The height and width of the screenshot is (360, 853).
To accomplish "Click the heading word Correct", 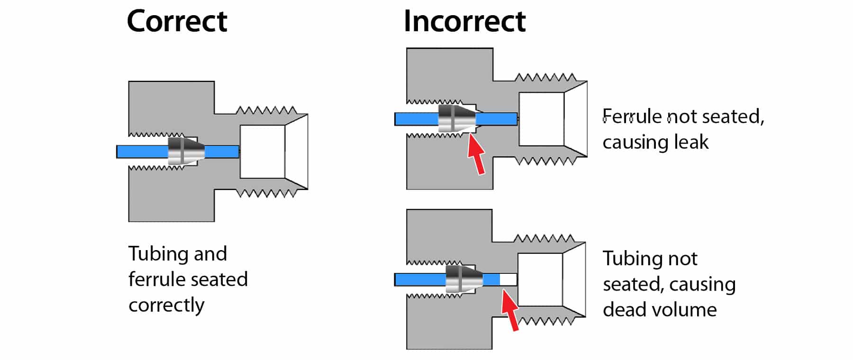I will click(177, 22).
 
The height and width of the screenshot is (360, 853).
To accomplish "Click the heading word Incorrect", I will click(464, 22).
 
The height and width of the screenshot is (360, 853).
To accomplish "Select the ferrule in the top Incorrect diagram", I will click(455, 118).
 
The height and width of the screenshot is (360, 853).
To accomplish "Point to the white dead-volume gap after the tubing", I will click(508, 279).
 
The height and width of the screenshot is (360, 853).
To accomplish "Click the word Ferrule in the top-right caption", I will click(631, 117).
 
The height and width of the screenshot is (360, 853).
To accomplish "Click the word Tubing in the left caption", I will click(158, 254).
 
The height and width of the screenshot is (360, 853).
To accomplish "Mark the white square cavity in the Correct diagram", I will click(262, 152).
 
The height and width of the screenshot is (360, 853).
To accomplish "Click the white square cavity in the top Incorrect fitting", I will click(541, 119).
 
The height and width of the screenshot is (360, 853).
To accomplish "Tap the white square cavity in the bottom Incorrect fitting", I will click(540, 279).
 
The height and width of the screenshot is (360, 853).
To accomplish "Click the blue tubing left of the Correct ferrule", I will click(142, 152).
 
